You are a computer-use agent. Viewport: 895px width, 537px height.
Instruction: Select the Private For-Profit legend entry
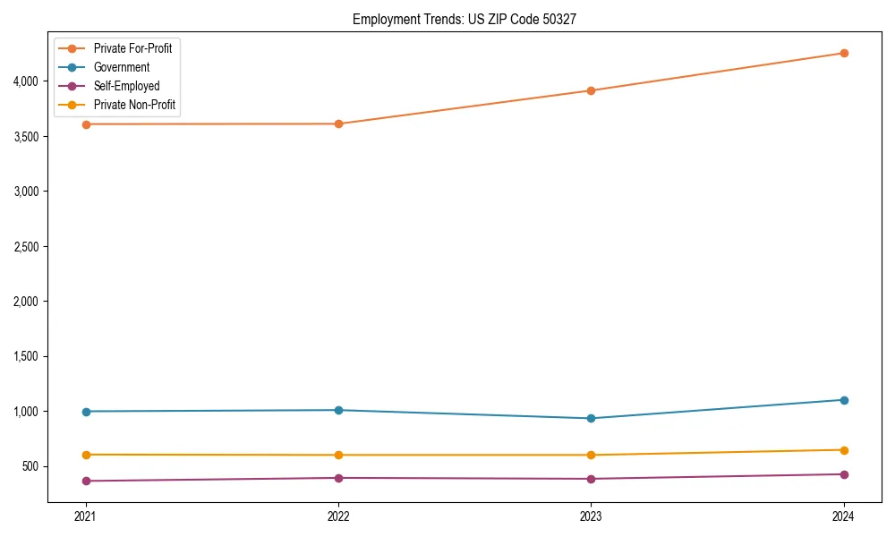(132, 48)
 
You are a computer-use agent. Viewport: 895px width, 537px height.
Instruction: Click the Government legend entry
(122, 67)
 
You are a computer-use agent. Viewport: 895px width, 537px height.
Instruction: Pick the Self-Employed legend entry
(126, 86)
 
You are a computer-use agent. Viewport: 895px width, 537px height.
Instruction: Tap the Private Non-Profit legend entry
(134, 106)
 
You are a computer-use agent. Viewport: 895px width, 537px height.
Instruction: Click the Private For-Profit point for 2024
(843, 53)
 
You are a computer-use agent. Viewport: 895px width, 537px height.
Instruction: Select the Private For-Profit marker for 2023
(591, 90)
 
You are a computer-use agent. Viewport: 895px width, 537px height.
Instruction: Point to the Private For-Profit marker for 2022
(338, 124)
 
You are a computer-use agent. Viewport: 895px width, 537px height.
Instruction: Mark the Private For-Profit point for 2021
(86, 124)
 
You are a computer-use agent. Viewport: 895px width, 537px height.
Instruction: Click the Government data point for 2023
(591, 418)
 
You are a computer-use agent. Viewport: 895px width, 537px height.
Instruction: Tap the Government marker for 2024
(843, 400)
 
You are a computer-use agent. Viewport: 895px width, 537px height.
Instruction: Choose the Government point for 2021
(86, 412)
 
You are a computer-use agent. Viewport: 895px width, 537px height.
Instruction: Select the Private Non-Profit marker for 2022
(338, 455)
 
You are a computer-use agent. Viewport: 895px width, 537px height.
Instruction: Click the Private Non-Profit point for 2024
(843, 450)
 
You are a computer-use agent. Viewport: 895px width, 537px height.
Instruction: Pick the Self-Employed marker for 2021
(86, 481)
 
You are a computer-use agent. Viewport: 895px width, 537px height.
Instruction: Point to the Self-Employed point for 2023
(591, 479)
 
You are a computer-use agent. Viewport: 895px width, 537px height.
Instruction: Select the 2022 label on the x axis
(338, 516)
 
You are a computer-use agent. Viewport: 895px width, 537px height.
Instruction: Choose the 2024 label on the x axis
(843, 516)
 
